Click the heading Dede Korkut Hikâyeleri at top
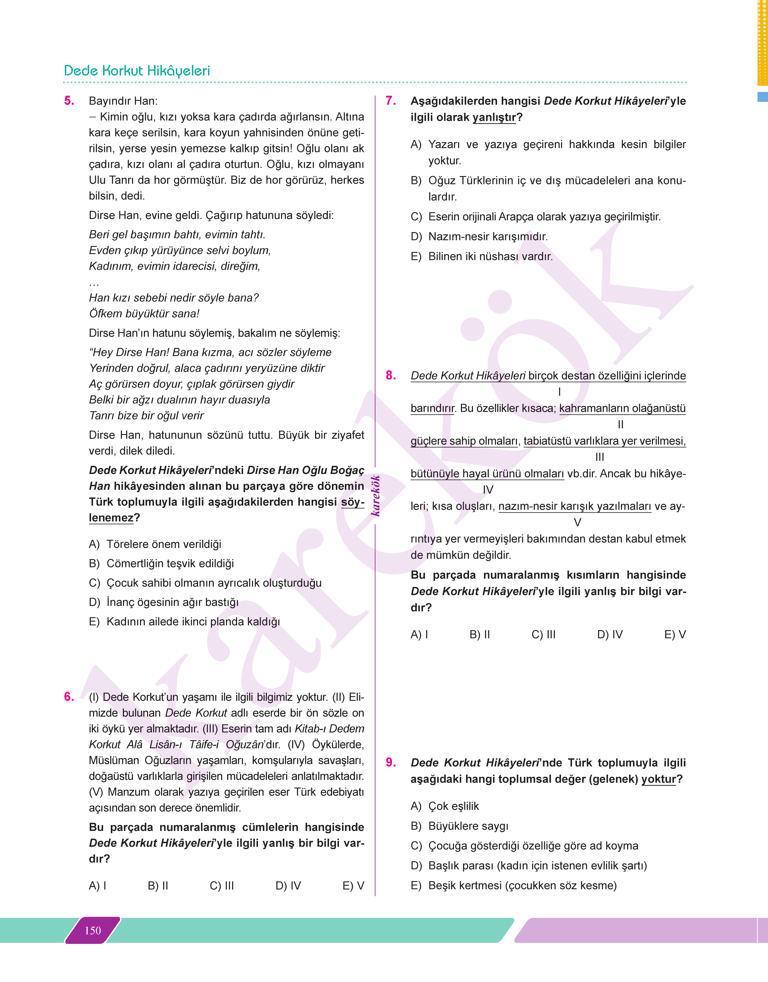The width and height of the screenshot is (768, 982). [137, 71]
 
